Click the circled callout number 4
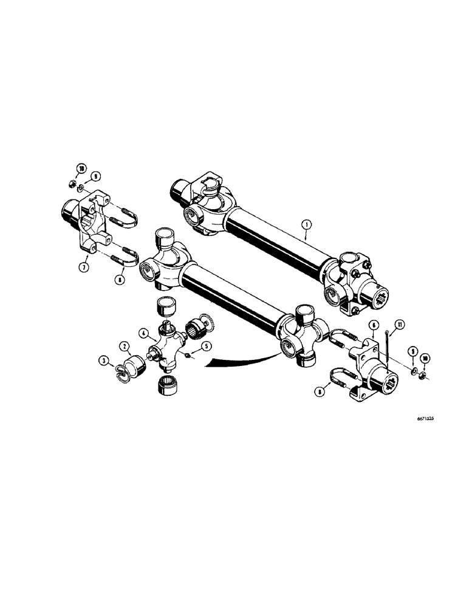pos(143,333)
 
